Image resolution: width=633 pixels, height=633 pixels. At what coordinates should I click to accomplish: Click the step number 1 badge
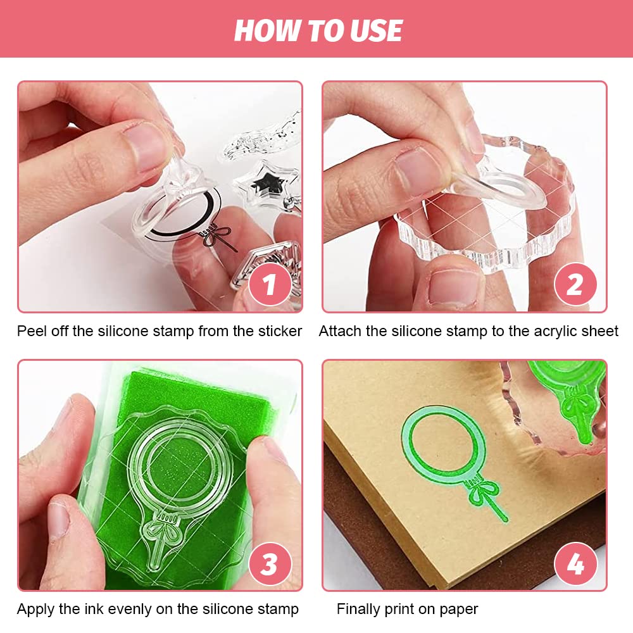(x=270, y=285)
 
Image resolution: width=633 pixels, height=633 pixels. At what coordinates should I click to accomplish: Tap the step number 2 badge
(x=575, y=285)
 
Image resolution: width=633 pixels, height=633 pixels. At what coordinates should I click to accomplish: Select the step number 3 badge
(x=270, y=563)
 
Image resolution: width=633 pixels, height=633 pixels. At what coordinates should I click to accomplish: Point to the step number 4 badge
(x=575, y=563)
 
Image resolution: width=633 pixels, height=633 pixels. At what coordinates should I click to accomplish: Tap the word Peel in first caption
(x=31, y=331)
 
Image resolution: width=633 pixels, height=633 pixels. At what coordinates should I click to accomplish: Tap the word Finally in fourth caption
(x=360, y=610)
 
